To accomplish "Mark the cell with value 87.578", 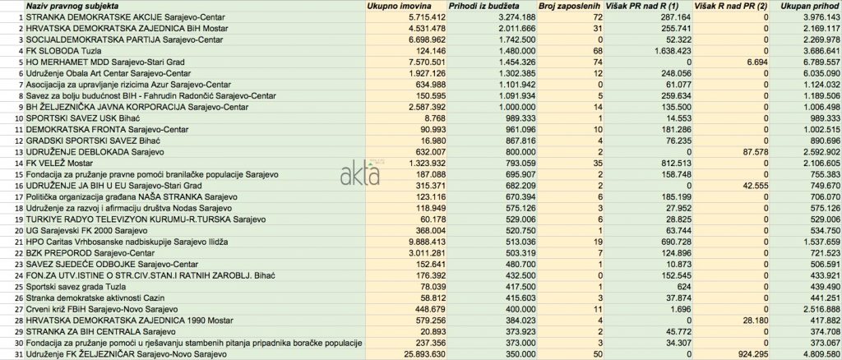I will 752,152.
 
